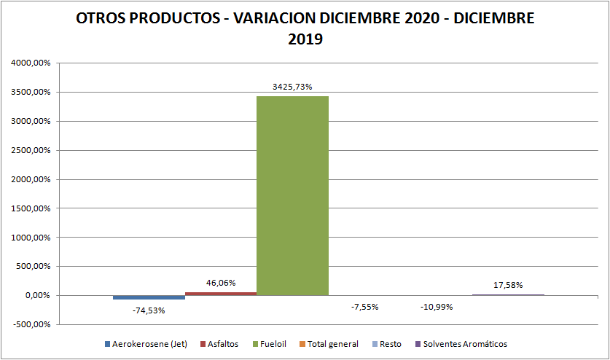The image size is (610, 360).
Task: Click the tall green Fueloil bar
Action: point(292,195)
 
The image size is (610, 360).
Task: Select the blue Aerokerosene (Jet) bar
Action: point(149,297)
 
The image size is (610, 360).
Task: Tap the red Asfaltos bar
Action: point(221,294)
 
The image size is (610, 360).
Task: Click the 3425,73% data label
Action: point(292,87)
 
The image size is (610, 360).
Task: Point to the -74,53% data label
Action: point(149,310)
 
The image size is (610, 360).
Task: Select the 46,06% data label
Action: point(221,283)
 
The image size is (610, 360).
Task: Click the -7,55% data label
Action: point(364,307)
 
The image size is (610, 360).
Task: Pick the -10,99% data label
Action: point(437,307)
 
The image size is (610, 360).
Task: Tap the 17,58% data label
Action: point(508,285)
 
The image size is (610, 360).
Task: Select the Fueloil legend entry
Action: point(274,344)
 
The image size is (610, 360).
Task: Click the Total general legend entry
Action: point(332,344)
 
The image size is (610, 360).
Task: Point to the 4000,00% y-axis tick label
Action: point(31,63)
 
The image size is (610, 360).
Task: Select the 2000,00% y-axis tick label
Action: point(31,179)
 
